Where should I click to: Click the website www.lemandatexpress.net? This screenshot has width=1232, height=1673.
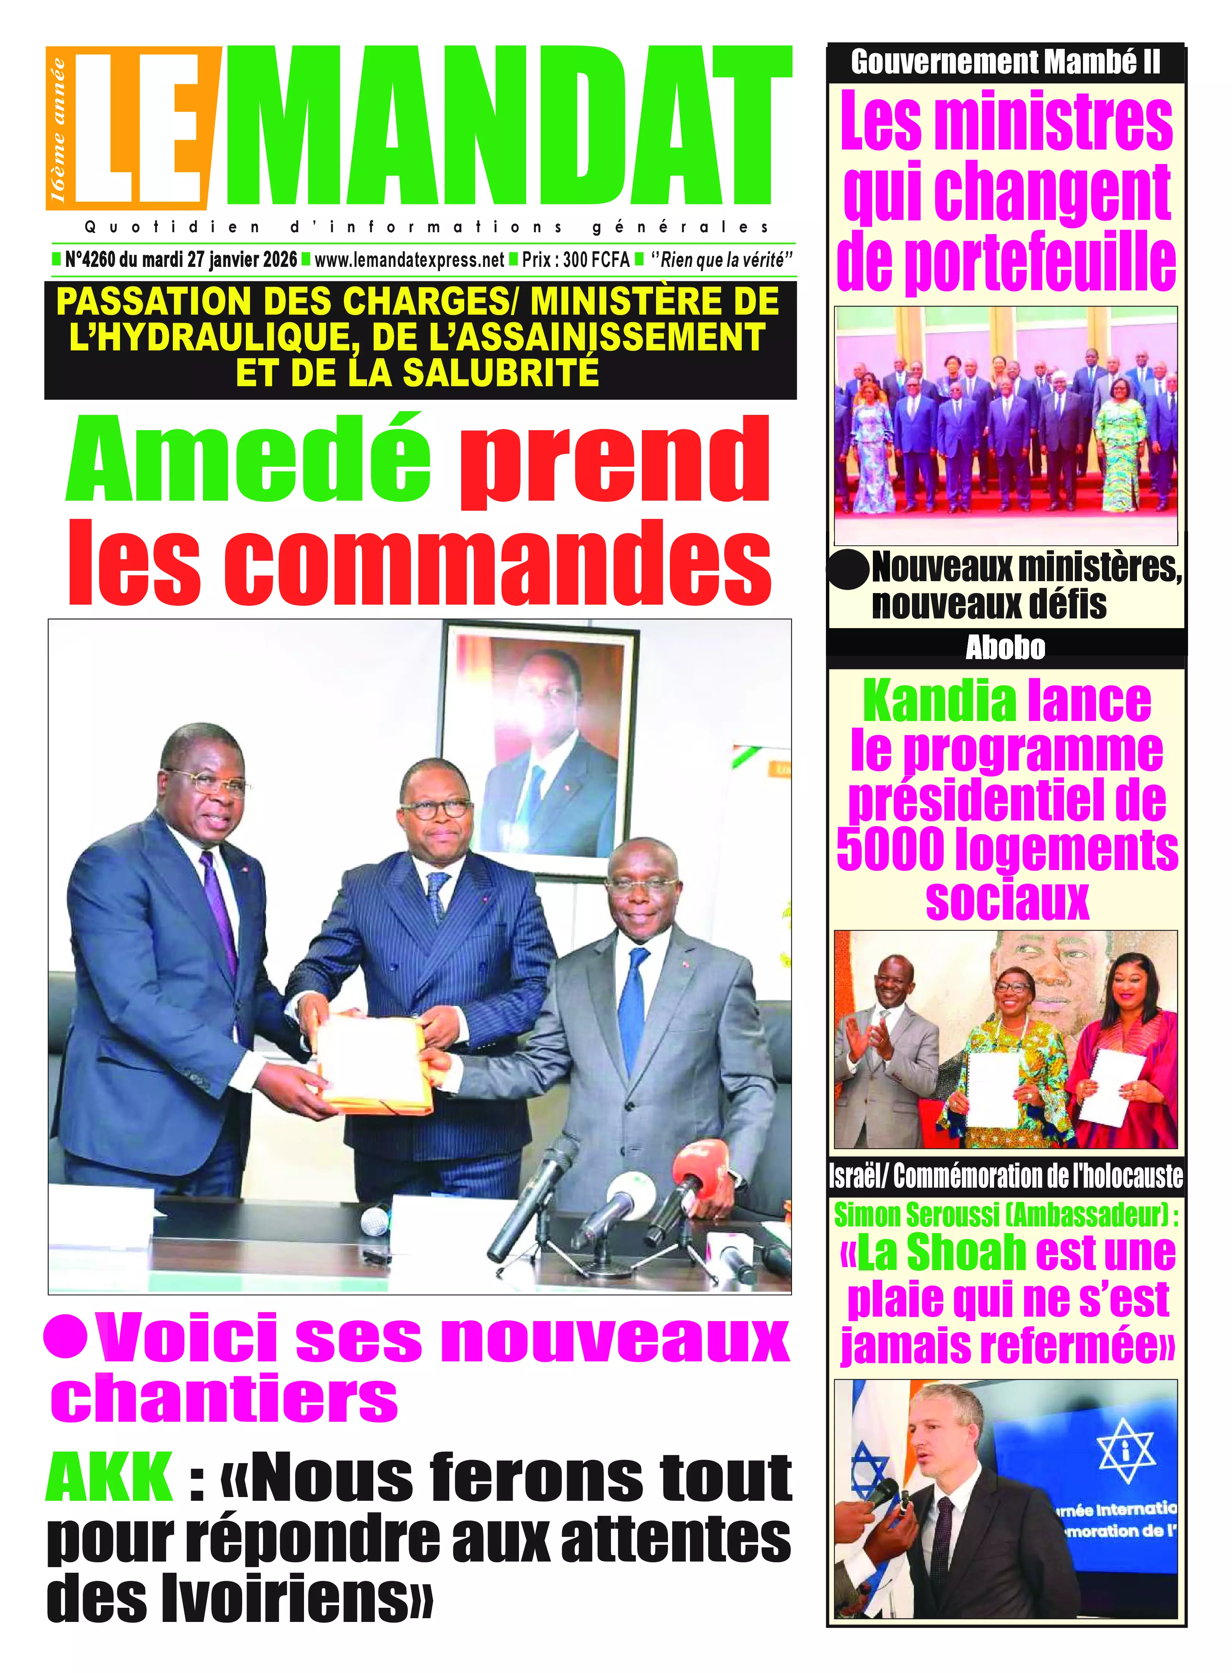(409, 260)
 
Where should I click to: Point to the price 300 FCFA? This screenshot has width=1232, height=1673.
(596, 260)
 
